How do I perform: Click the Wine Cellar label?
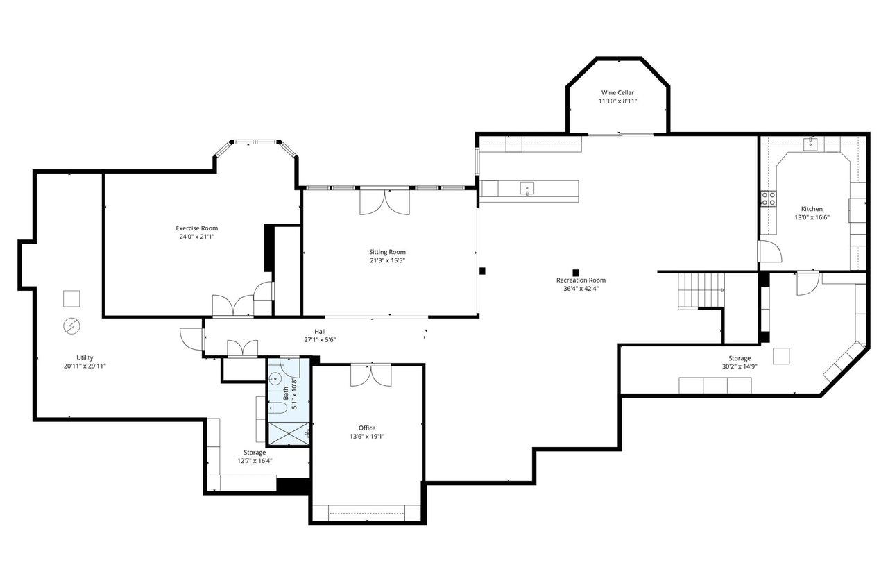tap(617, 92)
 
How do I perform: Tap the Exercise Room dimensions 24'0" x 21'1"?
tap(196, 237)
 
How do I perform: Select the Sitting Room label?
tap(387, 251)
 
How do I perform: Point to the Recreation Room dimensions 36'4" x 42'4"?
tap(581, 289)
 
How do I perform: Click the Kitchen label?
tap(812, 209)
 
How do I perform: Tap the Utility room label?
tap(85, 357)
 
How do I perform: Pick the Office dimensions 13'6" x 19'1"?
tap(367, 437)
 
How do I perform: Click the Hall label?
tap(320, 331)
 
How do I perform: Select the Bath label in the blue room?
tap(286, 393)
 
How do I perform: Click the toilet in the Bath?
tap(278, 408)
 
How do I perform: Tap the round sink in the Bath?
tap(275, 379)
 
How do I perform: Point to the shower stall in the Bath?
tap(289, 434)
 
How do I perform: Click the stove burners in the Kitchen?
tap(768, 199)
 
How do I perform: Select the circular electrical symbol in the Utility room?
tap(71, 326)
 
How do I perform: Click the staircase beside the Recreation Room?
tap(701, 290)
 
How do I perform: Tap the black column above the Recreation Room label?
tap(576, 273)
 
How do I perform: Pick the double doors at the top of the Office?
tap(370, 375)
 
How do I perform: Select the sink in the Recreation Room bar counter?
tap(527, 189)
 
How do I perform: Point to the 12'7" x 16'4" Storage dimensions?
tap(255, 461)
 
